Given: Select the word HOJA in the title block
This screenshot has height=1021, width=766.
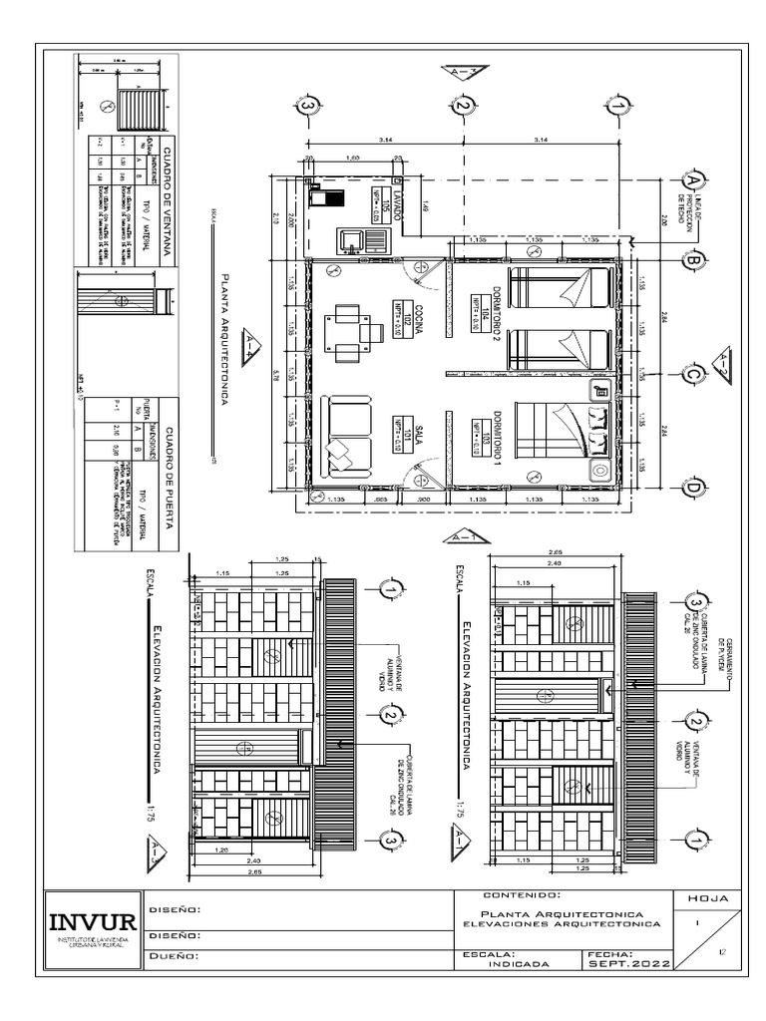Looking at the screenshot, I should click(708, 898).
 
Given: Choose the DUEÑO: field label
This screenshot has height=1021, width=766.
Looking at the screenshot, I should click(176, 955).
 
